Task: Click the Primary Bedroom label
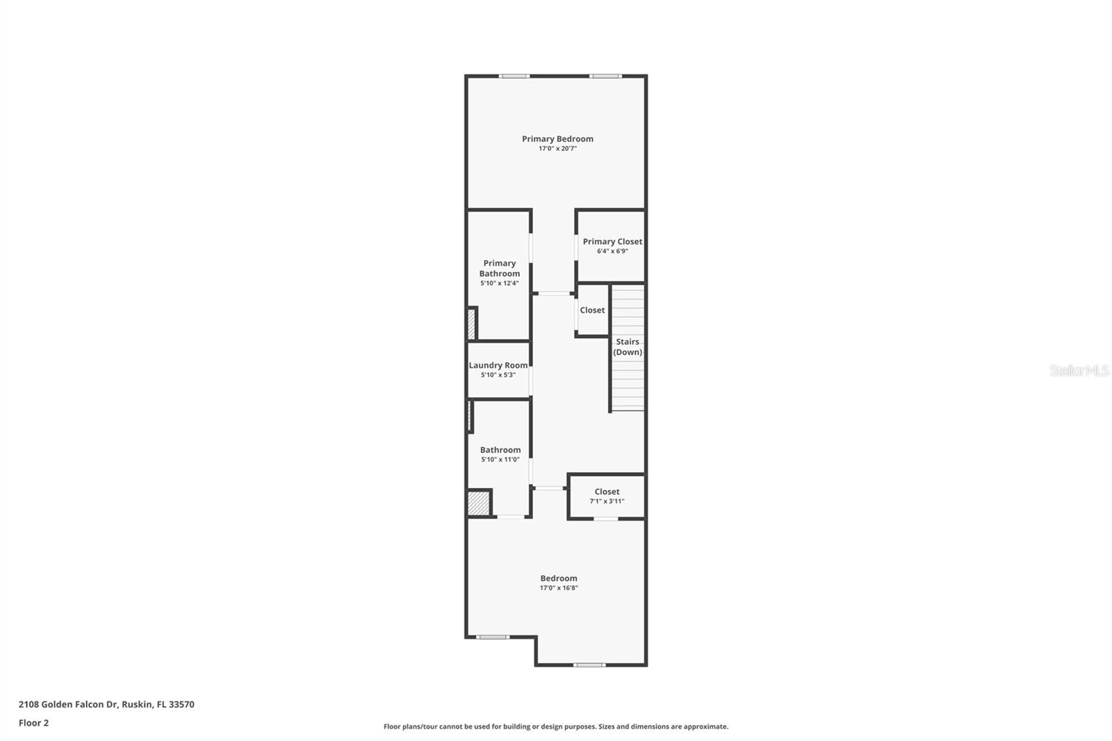coord(557,139)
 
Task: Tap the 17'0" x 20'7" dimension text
coord(557,149)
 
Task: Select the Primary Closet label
coord(612,242)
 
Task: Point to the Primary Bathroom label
coord(499,268)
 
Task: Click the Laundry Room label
coord(498,366)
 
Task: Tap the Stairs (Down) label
coord(628,347)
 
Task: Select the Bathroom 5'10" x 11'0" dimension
coord(500,460)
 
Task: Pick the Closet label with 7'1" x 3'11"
coord(607,492)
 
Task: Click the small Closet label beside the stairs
coord(592,311)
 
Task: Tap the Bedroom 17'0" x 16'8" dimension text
coord(559,588)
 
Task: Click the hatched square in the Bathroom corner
coord(478,503)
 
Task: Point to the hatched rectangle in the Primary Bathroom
coord(471,324)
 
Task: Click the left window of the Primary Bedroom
coord(514,76)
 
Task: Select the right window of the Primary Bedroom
coord(605,76)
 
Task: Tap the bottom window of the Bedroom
coord(589,665)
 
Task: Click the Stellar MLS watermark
coord(1079,370)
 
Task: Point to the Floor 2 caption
coord(33,723)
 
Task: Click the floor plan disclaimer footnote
coord(556,727)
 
